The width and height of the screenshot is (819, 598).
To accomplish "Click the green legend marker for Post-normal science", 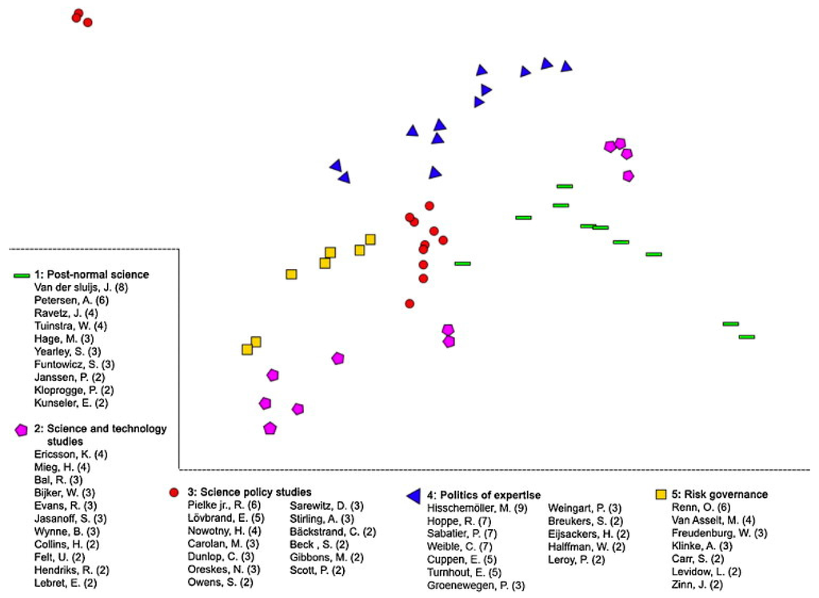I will point(22,275).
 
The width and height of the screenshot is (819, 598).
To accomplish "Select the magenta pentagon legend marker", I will point(22,430).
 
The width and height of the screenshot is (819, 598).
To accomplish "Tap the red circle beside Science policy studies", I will point(174,492).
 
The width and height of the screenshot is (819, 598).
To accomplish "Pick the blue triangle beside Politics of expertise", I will point(413,496).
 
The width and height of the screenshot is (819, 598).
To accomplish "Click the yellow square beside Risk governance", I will point(661,494).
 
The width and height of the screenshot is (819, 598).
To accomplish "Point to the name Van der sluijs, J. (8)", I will point(81,287).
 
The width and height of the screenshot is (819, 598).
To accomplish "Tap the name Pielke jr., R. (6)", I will point(224,505).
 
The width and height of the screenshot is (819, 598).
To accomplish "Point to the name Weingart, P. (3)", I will point(585,508).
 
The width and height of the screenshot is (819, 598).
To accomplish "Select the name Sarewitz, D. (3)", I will point(326,505).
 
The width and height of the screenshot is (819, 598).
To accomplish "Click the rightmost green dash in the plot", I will point(746,337).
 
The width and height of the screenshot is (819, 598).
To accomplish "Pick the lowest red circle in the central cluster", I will point(409,303).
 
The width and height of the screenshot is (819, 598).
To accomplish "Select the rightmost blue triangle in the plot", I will point(566,66).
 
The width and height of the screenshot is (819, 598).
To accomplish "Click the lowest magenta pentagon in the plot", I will point(270,428).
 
